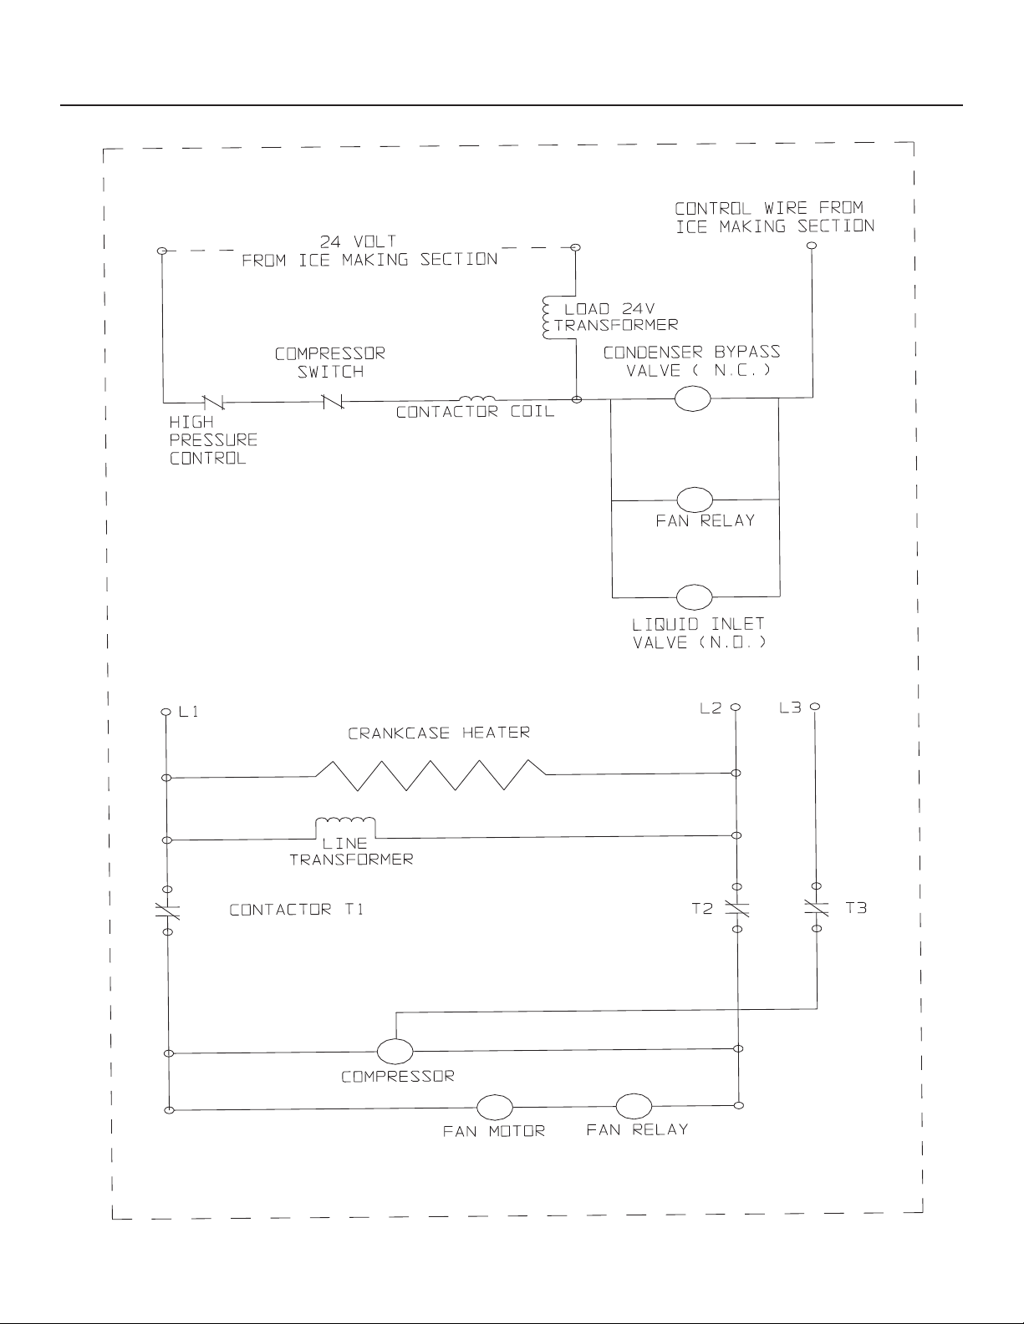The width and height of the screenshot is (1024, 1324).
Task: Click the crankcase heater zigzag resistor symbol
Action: click(x=431, y=775)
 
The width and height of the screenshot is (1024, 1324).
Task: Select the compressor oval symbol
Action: click(x=395, y=1051)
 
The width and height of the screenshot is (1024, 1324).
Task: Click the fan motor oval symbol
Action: click(x=494, y=1107)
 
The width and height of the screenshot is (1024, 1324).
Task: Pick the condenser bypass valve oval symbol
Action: click(x=692, y=398)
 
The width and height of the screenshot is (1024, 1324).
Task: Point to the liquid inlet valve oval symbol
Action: click(x=695, y=597)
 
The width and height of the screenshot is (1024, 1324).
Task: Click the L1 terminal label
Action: click(x=189, y=712)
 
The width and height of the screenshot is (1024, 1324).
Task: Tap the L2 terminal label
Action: click(x=711, y=708)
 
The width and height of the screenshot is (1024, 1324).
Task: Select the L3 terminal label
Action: click(x=790, y=708)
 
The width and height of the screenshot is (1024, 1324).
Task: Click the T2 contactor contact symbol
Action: click(x=737, y=908)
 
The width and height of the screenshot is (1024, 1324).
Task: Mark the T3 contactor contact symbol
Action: click(x=817, y=907)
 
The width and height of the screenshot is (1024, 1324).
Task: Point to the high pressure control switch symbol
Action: click(x=213, y=402)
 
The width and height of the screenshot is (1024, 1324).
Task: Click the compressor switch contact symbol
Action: click(x=332, y=401)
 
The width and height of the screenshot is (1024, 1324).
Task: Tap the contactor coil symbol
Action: click(x=477, y=398)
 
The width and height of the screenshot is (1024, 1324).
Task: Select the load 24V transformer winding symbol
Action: click(x=547, y=317)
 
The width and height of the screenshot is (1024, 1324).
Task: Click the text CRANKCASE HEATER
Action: click(x=439, y=733)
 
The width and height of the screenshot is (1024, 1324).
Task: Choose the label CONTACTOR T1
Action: click(x=296, y=910)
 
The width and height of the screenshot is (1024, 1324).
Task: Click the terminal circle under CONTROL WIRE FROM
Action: click(x=812, y=246)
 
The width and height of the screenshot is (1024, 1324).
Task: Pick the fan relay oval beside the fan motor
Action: click(x=634, y=1106)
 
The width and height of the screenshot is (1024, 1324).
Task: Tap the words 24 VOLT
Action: click(x=358, y=242)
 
